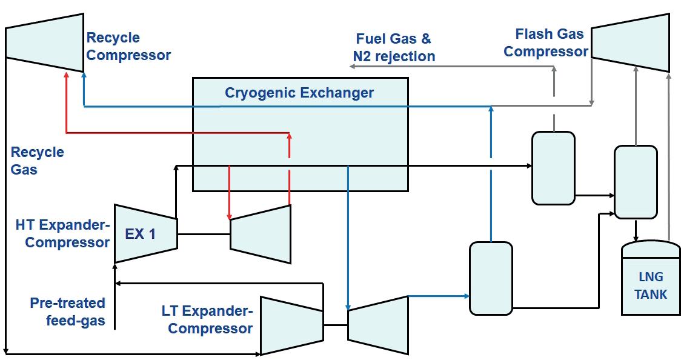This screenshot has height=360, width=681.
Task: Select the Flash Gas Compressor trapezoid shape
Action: point(630,42)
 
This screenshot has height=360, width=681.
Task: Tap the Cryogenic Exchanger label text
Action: point(299,93)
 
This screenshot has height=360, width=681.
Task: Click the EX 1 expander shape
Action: point(145,233)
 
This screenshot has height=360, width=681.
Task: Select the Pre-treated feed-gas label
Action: point(68,312)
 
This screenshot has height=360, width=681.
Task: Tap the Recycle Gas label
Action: point(37,161)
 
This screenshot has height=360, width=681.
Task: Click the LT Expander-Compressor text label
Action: point(207,320)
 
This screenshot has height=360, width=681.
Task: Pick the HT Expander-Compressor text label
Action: point(62,234)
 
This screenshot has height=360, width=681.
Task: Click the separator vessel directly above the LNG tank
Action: point(636,182)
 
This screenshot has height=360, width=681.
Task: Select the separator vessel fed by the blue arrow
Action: point(491,278)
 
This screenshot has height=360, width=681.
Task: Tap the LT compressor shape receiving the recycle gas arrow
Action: point(291,325)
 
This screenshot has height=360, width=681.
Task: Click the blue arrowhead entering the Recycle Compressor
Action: point(83,75)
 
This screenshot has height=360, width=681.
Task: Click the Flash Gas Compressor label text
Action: point(545,42)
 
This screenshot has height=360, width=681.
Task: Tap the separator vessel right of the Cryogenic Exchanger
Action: point(553,168)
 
